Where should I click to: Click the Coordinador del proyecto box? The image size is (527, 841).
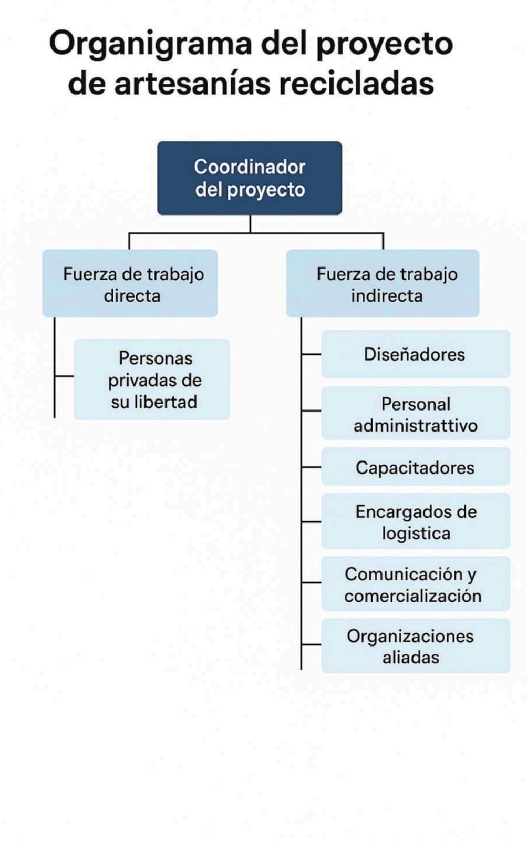click(250, 178)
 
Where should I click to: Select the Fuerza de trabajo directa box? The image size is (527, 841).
click(130, 283)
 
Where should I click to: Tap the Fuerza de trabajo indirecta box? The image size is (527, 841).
click(383, 283)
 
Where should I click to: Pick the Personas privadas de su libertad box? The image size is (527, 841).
click(152, 379)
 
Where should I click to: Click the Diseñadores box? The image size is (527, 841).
click(416, 354)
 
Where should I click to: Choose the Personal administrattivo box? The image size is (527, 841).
click(416, 413)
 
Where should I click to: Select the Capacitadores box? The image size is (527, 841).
click(416, 467)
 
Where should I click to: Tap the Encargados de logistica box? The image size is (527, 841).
click(416, 521)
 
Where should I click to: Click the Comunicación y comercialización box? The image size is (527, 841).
click(416, 584)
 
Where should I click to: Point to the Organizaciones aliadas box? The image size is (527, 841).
click(416, 646)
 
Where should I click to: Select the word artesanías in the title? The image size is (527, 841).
click(192, 83)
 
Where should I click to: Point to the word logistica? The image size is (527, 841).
click(416, 534)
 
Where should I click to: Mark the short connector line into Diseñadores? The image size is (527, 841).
click(311, 354)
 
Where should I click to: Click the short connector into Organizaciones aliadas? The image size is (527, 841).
click(311, 644)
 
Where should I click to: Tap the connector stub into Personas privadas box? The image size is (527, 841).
click(64, 376)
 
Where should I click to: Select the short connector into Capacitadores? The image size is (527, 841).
click(311, 467)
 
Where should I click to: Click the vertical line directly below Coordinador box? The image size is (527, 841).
click(250, 224)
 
